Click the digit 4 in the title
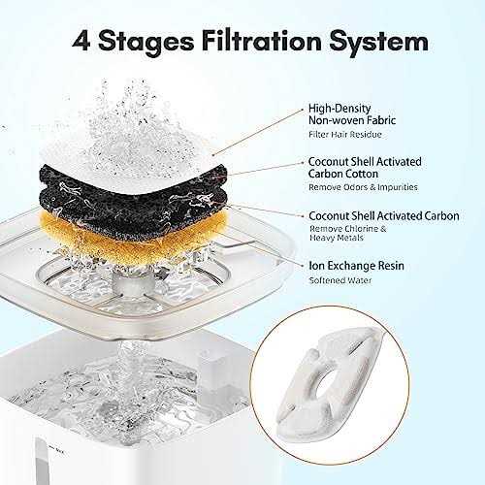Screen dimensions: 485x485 81,42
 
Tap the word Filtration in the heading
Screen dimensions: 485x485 261,41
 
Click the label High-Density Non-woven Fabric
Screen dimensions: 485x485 352,114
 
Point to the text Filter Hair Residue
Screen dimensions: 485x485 345,135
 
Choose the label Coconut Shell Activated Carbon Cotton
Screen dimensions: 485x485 365,168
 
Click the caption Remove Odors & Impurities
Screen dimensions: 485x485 363,187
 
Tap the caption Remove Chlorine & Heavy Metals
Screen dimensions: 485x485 348,233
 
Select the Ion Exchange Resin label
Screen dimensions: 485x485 357,266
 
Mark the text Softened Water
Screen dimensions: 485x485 340,280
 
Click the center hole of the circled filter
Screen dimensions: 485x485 326,384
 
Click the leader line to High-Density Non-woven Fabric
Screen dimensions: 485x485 257,132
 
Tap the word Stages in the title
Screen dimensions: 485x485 145,43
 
